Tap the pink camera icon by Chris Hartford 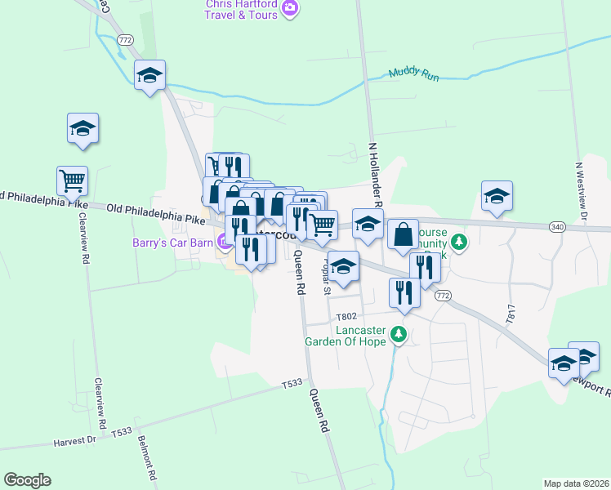289,9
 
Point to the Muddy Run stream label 413,73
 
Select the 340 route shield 557,226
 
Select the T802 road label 346,316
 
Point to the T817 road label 511,314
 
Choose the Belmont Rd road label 147,457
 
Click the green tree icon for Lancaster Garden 399,333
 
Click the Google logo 27,480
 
